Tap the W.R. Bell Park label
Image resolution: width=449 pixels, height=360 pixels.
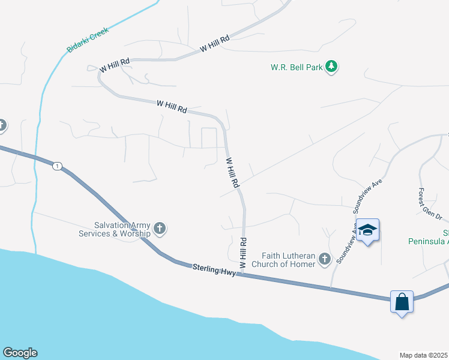coord(296,67)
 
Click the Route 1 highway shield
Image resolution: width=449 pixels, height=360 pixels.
coord(56,166)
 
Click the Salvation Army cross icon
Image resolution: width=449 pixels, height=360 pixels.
coord(160,228)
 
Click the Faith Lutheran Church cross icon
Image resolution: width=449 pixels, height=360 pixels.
coord(324,259)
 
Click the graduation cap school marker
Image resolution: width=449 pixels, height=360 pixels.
coord(367,230)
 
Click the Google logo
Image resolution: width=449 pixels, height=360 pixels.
coord(20,353)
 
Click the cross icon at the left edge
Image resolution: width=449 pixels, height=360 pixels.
coord(2,126)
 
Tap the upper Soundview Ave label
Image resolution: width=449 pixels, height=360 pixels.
coord(368,196)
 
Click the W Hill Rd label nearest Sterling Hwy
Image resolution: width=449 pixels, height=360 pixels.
coord(243,253)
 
